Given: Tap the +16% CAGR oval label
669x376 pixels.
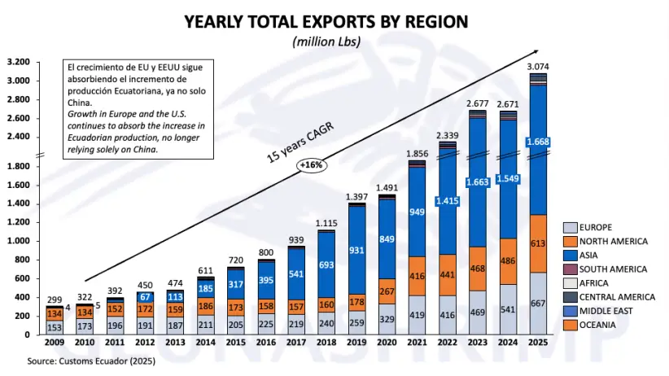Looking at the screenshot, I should (312, 164).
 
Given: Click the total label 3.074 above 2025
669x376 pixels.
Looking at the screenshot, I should (538, 65).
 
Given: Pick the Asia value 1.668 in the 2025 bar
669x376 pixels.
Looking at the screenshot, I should (538, 142).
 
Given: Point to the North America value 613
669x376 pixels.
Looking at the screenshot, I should (538, 243).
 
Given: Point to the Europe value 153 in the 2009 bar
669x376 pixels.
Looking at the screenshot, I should (55, 327).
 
